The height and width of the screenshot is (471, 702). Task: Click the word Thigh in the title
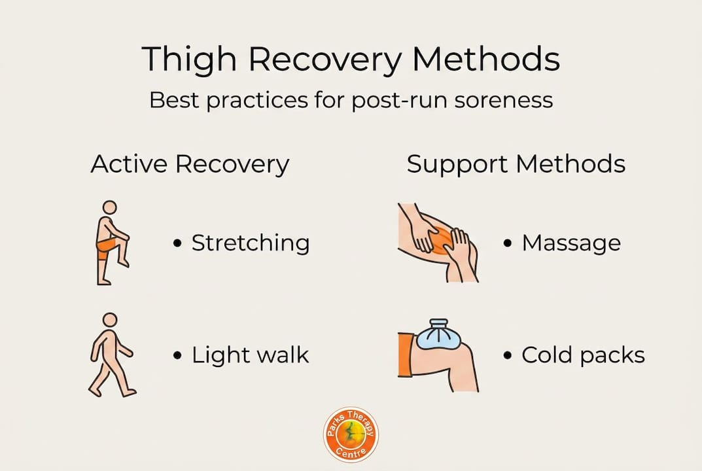(189, 59)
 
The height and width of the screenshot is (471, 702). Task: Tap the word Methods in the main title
(486, 58)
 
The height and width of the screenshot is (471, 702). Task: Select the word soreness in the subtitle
(504, 100)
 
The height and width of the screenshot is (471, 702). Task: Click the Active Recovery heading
(190, 164)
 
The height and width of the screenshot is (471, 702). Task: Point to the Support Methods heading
(516, 164)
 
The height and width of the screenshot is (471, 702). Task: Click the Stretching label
(251, 243)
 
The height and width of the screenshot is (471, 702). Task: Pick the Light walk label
(251, 355)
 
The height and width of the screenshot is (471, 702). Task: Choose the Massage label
(571, 243)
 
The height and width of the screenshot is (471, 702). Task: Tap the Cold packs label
(583, 355)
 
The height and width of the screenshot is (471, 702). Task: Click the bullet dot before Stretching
(177, 243)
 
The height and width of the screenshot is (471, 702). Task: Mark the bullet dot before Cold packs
(507, 355)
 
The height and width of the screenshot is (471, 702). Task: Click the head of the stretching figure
(110, 208)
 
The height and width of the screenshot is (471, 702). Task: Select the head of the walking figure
(110, 320)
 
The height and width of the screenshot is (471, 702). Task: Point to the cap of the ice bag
(438, 323)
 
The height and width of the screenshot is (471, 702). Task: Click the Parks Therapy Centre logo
(351, 434)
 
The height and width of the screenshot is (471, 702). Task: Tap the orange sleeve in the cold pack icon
(406, 355)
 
